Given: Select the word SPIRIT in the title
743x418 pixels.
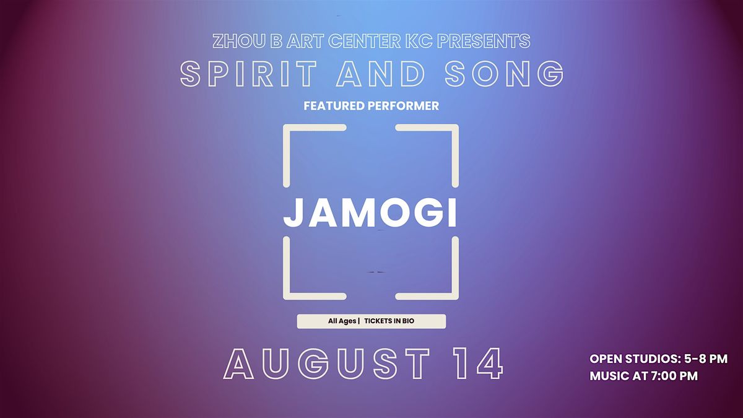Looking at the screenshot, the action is click(248, 74).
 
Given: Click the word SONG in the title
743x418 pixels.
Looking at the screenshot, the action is click(504, 74).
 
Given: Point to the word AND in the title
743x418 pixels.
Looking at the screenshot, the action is click(380, 74).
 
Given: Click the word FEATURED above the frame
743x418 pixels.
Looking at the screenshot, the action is click(334, 106).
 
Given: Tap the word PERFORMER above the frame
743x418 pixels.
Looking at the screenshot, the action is click(403, 106).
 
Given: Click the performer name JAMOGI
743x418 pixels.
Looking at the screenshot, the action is click(370, 212).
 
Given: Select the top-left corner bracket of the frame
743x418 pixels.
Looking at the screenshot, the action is click(287, 128).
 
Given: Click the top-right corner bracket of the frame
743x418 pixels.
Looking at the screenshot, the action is click(455, 128).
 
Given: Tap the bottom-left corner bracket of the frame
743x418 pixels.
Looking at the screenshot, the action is click(287, 296).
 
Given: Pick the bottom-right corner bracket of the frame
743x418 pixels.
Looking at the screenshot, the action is click(455, 296).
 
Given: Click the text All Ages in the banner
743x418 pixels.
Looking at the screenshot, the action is click(342, 321).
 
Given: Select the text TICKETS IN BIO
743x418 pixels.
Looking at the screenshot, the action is click(389, 321).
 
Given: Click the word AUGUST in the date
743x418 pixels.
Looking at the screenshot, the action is click(327, 364).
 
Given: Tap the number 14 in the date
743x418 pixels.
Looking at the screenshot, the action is click(479, 364).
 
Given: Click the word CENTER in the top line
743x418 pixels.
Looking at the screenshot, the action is click(364, 41).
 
